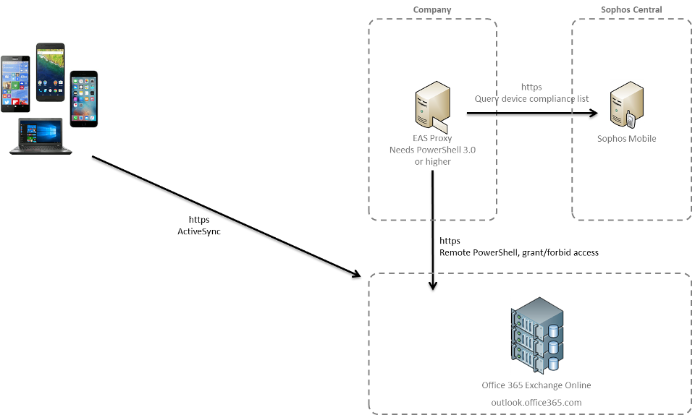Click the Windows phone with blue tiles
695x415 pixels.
coord(15,84)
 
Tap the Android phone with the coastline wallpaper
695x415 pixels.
coord(50,71)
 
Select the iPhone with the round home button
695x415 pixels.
coord(84,98)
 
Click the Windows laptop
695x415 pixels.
coord(41,137)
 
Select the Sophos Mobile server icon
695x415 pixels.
coord(626,104)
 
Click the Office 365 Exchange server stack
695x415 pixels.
coord(536,335)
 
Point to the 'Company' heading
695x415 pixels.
coord(431,10)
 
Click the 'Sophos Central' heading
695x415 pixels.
coord(631,10)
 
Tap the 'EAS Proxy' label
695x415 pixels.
coord(431,138)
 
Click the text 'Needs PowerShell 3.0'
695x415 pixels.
coord(432,150)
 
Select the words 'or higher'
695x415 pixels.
coord(432,162)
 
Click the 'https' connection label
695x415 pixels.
coord(531,87)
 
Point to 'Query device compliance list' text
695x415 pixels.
coord(531,98)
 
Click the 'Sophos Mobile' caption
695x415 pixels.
coord(626,138)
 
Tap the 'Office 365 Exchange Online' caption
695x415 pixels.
coord(536,385)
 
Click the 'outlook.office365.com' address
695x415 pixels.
coord(536,402)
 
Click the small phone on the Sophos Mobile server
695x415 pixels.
coord(631,119)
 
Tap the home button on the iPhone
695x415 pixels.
coord(84,123)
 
